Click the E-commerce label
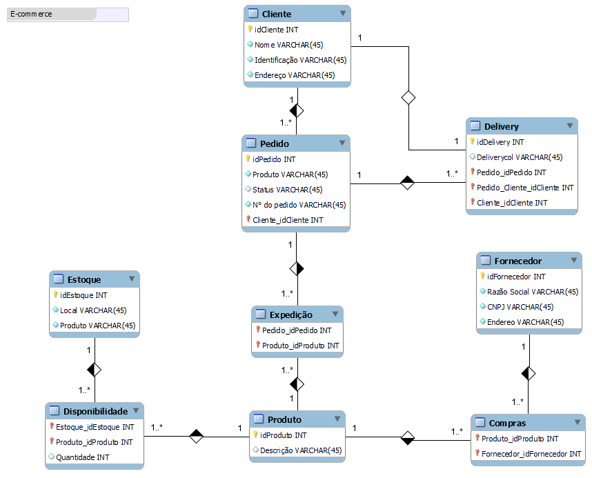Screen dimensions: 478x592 point(31,14)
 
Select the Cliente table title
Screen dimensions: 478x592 point(277,14)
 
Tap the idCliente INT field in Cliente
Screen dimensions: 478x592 point(276,30)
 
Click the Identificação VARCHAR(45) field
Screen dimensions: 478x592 point(300,60)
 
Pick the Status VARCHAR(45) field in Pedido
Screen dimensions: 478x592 point(279,190)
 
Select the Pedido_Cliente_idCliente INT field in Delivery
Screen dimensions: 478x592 point(525,188)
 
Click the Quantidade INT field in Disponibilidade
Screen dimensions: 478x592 point(82,457)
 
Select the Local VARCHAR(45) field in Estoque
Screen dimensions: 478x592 point(93,310)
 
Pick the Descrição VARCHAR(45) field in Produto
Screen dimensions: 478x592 point(300,451)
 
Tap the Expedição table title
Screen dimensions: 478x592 point(290,315)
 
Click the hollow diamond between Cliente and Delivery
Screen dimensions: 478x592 point(408,97)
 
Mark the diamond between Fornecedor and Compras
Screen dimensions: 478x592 point(529,373)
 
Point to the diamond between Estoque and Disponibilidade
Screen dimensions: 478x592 point(95,370)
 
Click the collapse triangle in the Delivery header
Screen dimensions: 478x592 point(570,126)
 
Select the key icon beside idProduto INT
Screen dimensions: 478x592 point(255,435)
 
